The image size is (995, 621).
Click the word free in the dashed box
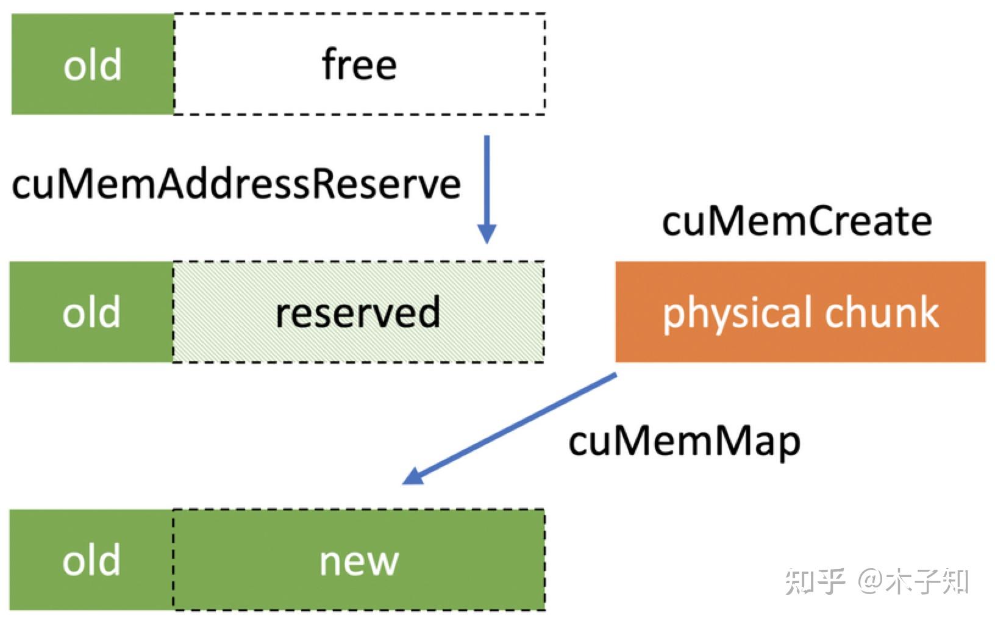click(359, 65)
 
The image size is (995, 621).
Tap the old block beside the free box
click(93, 65)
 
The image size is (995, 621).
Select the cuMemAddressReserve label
click(236, 184)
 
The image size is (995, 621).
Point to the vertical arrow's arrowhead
click(487, 234)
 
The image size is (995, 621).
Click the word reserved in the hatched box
click(357, 312)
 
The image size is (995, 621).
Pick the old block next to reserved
click(91, 312)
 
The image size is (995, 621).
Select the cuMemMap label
click(684, 442)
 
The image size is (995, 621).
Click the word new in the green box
click(359, 561)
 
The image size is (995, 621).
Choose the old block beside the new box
click(91, 560)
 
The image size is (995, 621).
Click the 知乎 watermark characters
click(815, 581)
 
